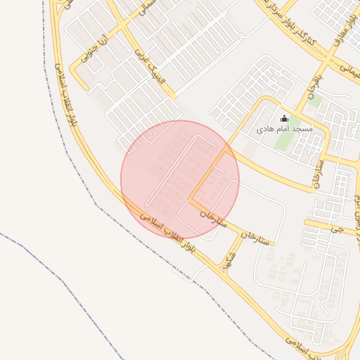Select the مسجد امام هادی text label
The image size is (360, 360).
[284, 130]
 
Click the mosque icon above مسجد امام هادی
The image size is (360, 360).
[284, 118]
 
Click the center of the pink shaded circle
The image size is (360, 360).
[180, 179]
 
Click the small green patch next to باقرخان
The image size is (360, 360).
[315, 101]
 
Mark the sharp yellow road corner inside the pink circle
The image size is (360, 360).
[189, 200]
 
